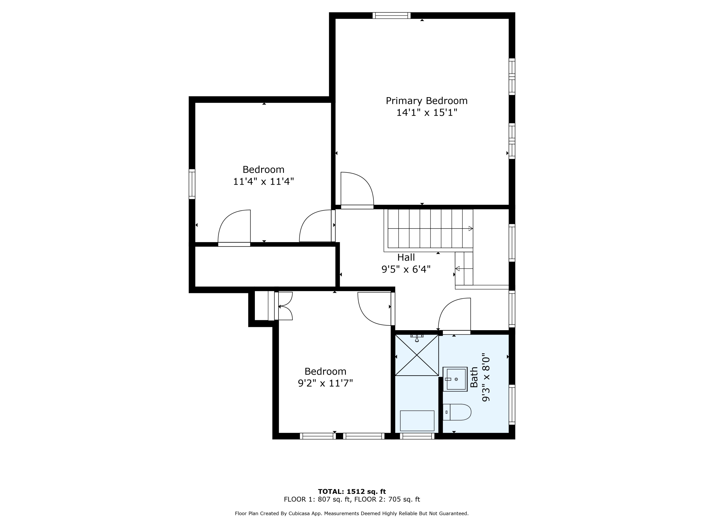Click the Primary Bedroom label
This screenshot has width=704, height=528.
[x=426, y=101]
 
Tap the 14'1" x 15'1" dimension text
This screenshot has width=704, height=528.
[x=426, y=113]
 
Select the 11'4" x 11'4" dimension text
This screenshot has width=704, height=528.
[x=264, y=182]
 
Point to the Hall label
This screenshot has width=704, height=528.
[x=406, y=257]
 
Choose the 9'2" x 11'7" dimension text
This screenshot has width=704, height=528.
[x=325, y=383]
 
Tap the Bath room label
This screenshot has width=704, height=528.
[x=474, y=377]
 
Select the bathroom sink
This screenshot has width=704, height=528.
[x=455, y=379]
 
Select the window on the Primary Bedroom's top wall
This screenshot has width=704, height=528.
[x=391, y=15]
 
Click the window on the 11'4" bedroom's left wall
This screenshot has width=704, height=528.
[x=192, y=184]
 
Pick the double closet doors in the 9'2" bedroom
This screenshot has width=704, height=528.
[x=283, y=306]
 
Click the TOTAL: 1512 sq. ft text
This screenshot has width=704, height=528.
[x=352, y=492]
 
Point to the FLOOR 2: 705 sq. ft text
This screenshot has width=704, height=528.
[x=387, y=499]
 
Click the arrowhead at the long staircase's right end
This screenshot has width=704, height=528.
[x=471, y=229]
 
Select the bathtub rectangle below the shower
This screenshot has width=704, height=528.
[x=417, y=421]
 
